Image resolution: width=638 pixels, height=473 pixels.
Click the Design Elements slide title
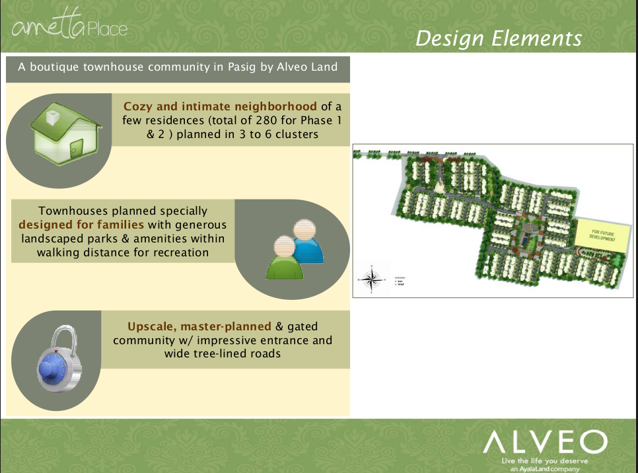tap(499, 38)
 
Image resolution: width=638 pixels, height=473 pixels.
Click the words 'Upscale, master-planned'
tap(199, 326)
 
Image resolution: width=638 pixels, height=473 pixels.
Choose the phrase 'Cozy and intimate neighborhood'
tap(220, 106)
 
